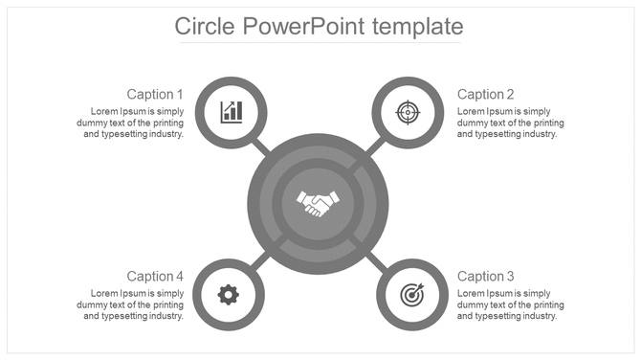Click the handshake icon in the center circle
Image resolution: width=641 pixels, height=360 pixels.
click(x=318, y=202)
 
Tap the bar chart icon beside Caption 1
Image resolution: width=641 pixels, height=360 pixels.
click(x=231, y=112)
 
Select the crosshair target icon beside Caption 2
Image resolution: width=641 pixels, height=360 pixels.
click(x=409, y=112)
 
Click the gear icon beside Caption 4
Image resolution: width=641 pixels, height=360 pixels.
click(x=228, y=294)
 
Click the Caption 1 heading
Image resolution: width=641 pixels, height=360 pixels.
click(x=155, y=94)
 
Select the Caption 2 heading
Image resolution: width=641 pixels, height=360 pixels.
click(x=486, y=94)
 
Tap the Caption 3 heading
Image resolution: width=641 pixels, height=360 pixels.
click(x=486, y=276)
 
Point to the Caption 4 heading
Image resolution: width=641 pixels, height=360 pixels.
click(x=155, y=276)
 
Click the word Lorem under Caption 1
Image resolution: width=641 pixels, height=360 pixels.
click(x=104, y=111)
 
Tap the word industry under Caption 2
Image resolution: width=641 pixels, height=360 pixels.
click(x=538, y=134)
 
